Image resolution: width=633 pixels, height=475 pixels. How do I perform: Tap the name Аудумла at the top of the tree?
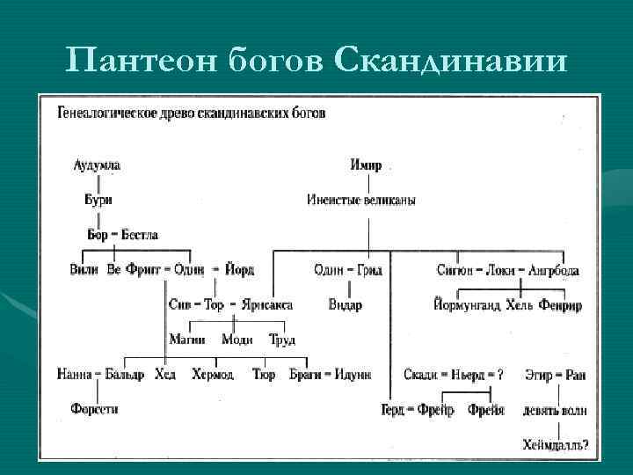point(98,165)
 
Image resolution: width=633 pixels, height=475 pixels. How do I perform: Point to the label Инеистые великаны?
point(361,200)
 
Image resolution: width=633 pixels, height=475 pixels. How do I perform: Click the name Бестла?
point(140,235)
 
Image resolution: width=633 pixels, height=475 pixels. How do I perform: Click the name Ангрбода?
point(553,270)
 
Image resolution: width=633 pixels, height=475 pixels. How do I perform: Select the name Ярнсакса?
point(264,304)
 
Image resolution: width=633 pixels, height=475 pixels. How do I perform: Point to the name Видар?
point(344,304)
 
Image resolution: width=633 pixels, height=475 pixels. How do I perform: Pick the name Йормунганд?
point(467,305)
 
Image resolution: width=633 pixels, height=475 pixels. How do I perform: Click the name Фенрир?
point(560,305)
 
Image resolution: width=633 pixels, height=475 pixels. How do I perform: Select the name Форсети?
point(95,409)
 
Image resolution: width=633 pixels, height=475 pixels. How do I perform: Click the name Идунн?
point(353,375)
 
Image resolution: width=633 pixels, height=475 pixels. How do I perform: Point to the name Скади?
point(421,375)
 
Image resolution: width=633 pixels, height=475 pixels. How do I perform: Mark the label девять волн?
point(555,410)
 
